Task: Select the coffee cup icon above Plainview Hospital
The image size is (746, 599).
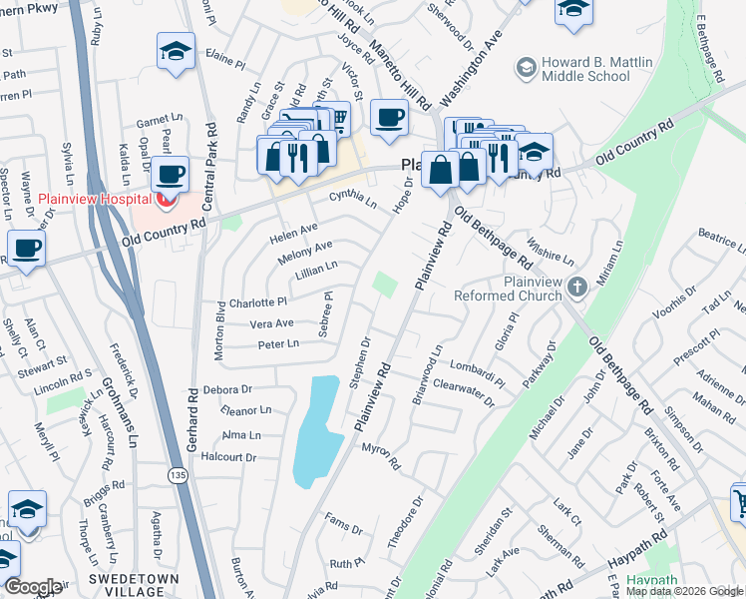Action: (171, 174)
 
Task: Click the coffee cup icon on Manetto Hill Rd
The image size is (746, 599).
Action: (389, 117)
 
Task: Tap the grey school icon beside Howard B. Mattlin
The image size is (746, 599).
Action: (525, 68)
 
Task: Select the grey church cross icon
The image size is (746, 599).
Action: (575, 289)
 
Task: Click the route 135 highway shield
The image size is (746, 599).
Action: (177, 475)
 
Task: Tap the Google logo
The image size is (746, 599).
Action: (34, 587)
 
